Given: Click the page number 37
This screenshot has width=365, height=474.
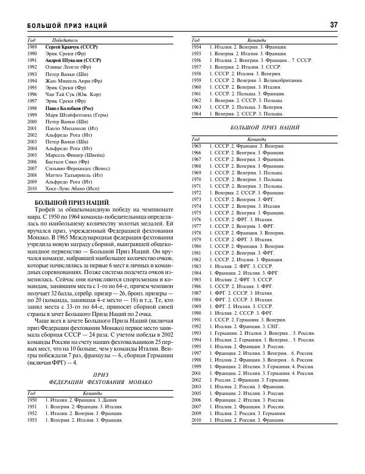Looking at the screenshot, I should (333, 25).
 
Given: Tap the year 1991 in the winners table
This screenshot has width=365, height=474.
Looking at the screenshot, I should (33, 61).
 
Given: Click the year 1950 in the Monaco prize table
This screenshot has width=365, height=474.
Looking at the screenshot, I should (33, 400).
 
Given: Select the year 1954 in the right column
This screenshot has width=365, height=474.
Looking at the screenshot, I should (196, 46).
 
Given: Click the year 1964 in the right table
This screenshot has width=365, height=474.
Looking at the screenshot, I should (196, 114).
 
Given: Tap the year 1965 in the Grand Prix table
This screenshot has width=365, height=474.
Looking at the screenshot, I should (196, 146).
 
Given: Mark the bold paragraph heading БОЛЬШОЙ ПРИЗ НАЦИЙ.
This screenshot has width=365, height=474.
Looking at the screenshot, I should (73, 201).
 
